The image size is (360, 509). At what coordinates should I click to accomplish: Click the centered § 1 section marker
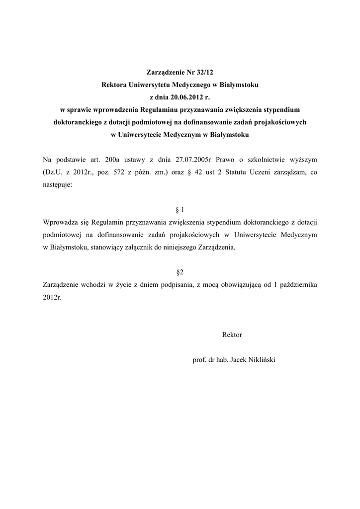[x=180, y=209]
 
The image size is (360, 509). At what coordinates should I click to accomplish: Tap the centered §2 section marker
[x=180, y=272]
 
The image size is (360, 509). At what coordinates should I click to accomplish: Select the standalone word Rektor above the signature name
[x=232, y=335]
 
